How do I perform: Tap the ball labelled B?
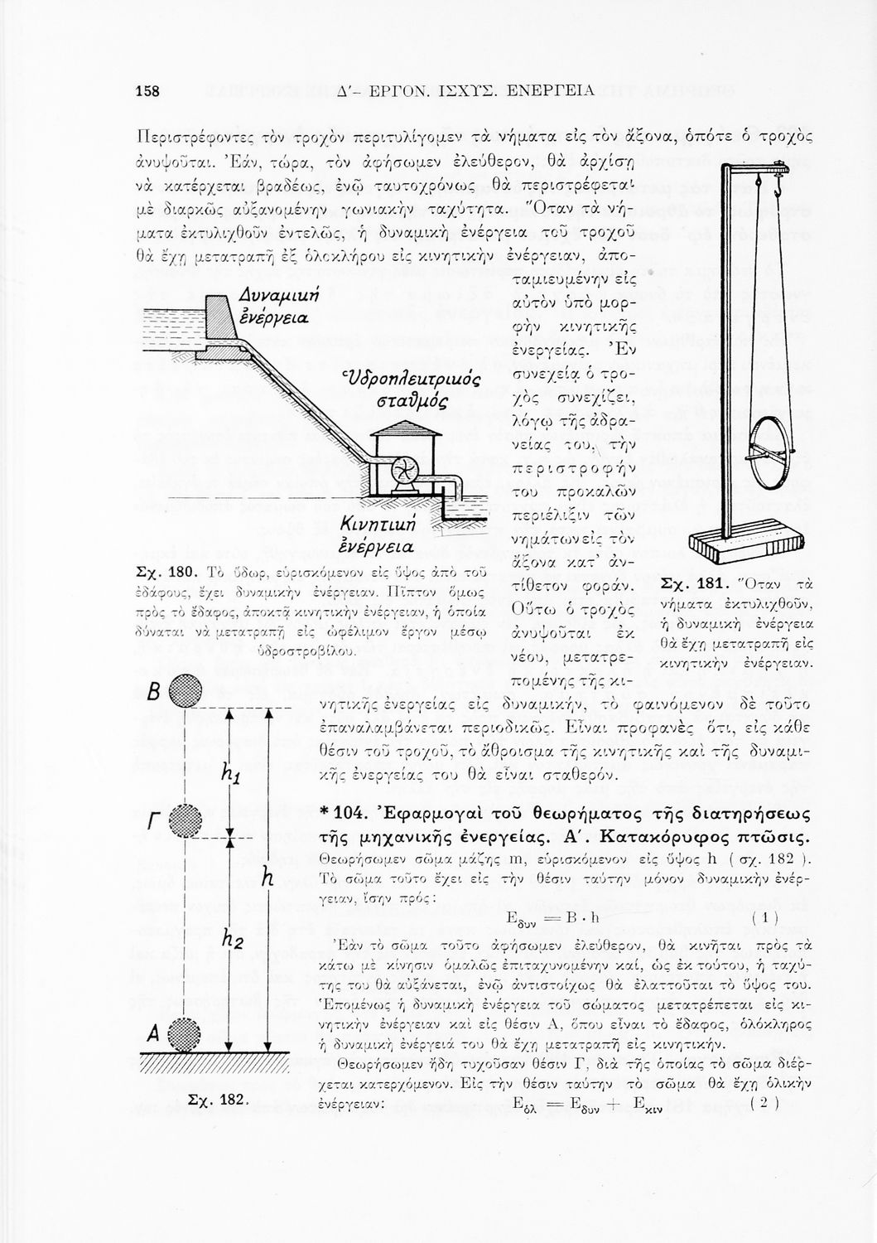(x=180, y=689)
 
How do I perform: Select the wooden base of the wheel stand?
(x=748, y=547)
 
